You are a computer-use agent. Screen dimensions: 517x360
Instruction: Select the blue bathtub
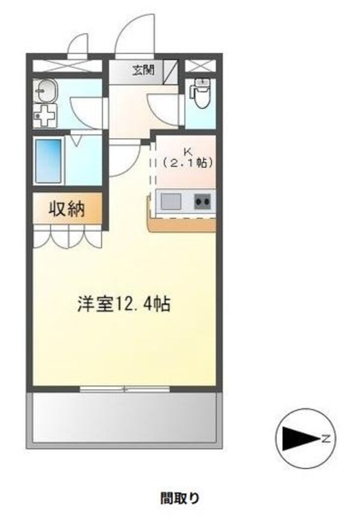(x=49, y=161)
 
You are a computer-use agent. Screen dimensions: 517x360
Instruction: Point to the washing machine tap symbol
(x=44, y=115)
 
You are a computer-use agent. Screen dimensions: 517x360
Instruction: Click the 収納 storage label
(x=67, y=209)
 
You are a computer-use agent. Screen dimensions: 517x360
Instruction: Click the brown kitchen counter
(x=180, y=223)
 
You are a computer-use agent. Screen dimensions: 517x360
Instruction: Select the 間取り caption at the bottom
(x=179, y=497)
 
